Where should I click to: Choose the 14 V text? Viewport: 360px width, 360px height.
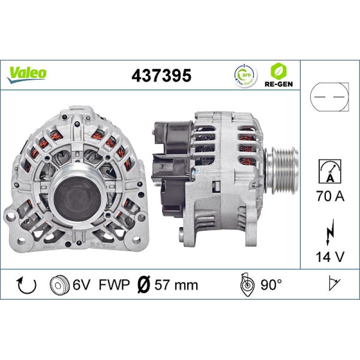(330, 257)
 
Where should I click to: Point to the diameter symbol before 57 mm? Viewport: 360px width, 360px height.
(143, 284)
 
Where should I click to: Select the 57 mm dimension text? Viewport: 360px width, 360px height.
(176, 284)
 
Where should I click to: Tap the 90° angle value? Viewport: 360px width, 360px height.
(270, 284)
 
